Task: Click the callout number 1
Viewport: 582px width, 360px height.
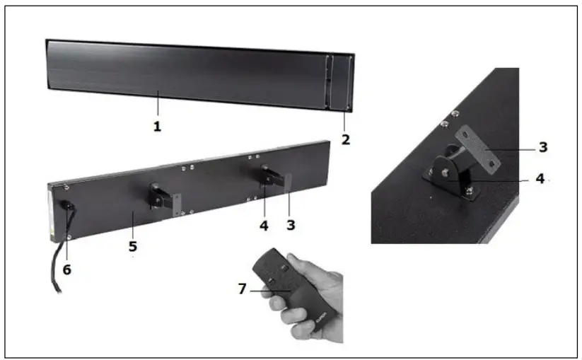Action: [157, 127]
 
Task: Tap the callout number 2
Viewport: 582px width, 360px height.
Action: [345, 139]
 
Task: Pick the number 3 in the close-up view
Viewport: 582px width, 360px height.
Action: [542, 147]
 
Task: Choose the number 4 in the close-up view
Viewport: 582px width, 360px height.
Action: [540, 179]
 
